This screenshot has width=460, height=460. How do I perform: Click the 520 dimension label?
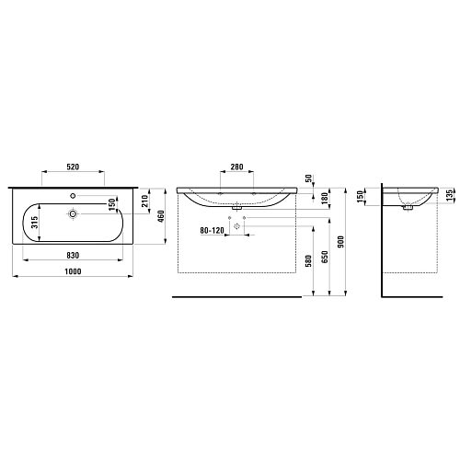(73, 167)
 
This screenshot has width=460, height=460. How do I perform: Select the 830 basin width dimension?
(73, 255)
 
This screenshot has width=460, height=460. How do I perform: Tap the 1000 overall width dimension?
(73, 271)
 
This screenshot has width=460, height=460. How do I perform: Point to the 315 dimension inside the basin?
(34, 223)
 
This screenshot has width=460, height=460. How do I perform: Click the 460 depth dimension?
(161, 216)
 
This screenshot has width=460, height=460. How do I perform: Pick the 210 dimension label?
(144, 201)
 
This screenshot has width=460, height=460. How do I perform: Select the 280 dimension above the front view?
(236, 167)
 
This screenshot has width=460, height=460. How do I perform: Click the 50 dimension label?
(308, 178)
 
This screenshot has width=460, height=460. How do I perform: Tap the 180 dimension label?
(325, 199)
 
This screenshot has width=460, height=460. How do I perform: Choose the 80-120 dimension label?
(213, 230)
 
